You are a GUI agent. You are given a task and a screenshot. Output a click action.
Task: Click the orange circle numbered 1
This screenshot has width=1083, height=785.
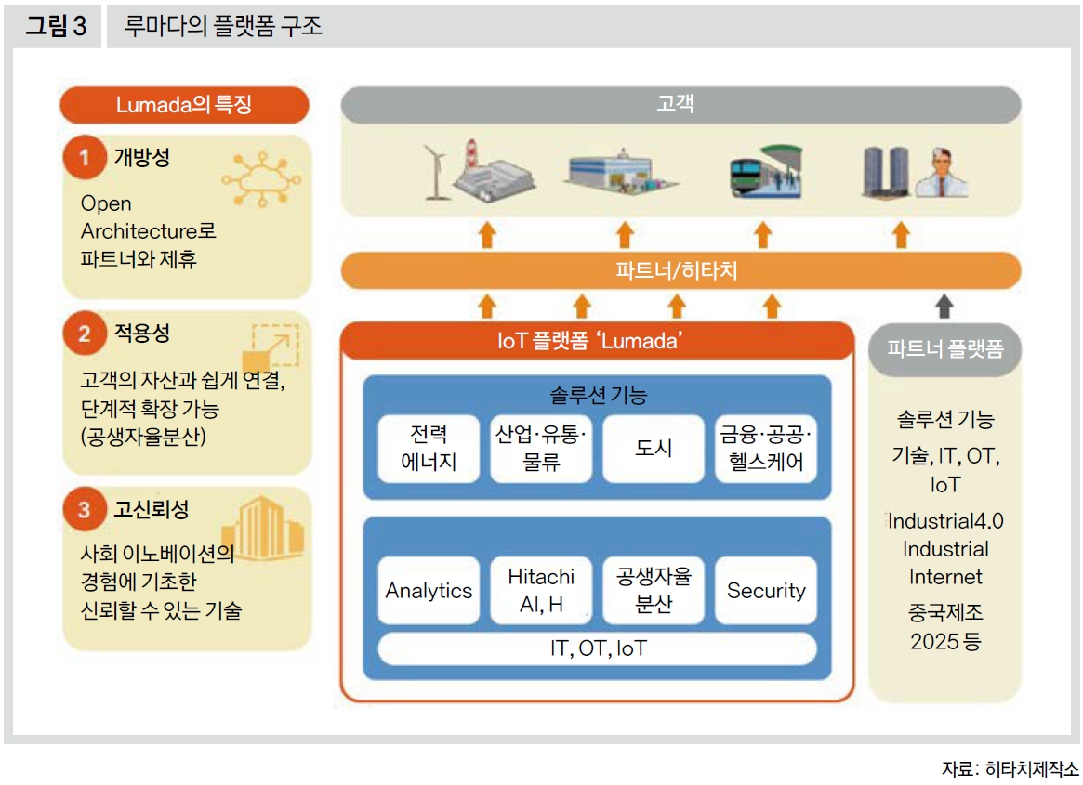tap(85, 158)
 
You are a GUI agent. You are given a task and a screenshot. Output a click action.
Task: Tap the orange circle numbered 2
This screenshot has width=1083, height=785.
tap(85, 334)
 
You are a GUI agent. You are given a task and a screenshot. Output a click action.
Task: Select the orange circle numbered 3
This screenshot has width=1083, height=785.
tap(85, 509)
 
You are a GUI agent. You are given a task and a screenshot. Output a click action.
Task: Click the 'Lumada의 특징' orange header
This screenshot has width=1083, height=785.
tap(183, 105)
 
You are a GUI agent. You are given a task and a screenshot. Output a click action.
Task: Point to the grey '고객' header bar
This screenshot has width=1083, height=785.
tap(680, 104)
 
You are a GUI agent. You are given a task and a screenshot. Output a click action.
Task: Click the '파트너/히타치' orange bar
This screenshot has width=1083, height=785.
tap(680, 270)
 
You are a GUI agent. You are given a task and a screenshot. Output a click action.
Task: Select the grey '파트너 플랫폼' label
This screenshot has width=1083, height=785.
tap(944, 349)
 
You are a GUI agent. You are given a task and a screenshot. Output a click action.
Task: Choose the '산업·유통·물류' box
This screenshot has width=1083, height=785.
tap(541, 449)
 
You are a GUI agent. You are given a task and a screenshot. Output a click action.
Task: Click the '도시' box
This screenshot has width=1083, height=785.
tap(654, 449)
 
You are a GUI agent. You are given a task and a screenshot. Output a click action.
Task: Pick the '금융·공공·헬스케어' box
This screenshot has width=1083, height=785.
tap(766, 449)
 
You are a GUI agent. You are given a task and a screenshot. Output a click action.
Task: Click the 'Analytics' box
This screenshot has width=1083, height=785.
tap(429, 591)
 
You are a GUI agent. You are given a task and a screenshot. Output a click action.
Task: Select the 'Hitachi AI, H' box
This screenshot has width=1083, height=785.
tap(541, 591)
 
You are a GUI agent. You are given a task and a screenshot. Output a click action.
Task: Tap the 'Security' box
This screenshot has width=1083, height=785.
tap(766, 591)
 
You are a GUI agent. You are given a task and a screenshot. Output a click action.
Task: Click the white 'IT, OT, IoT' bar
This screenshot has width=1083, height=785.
tap(597, 648)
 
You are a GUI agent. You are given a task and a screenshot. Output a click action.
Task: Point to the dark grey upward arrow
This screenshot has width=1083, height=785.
tap(944, 306)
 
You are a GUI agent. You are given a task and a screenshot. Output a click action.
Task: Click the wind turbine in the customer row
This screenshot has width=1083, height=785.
tap(435, 171)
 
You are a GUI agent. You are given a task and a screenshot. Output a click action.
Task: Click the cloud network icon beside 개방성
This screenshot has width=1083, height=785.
tap(262, 177)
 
